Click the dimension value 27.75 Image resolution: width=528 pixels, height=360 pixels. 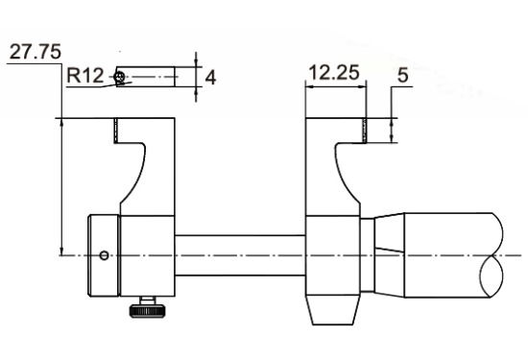coord(36,52)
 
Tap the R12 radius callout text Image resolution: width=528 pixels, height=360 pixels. coord(84,76)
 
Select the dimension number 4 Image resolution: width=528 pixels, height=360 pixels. coord(210,78)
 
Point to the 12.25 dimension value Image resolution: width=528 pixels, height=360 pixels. coord(334,72)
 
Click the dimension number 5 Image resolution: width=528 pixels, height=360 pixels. coord(403,75)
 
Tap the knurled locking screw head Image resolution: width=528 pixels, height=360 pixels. coord(147,311)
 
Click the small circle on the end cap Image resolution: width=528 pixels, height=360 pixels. coord(105,255)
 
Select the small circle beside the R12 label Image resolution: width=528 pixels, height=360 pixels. coord(119,77)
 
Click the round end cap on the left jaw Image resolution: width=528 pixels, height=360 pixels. coord(104,256)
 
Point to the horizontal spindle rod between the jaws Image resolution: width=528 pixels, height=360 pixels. coord(240,255)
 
